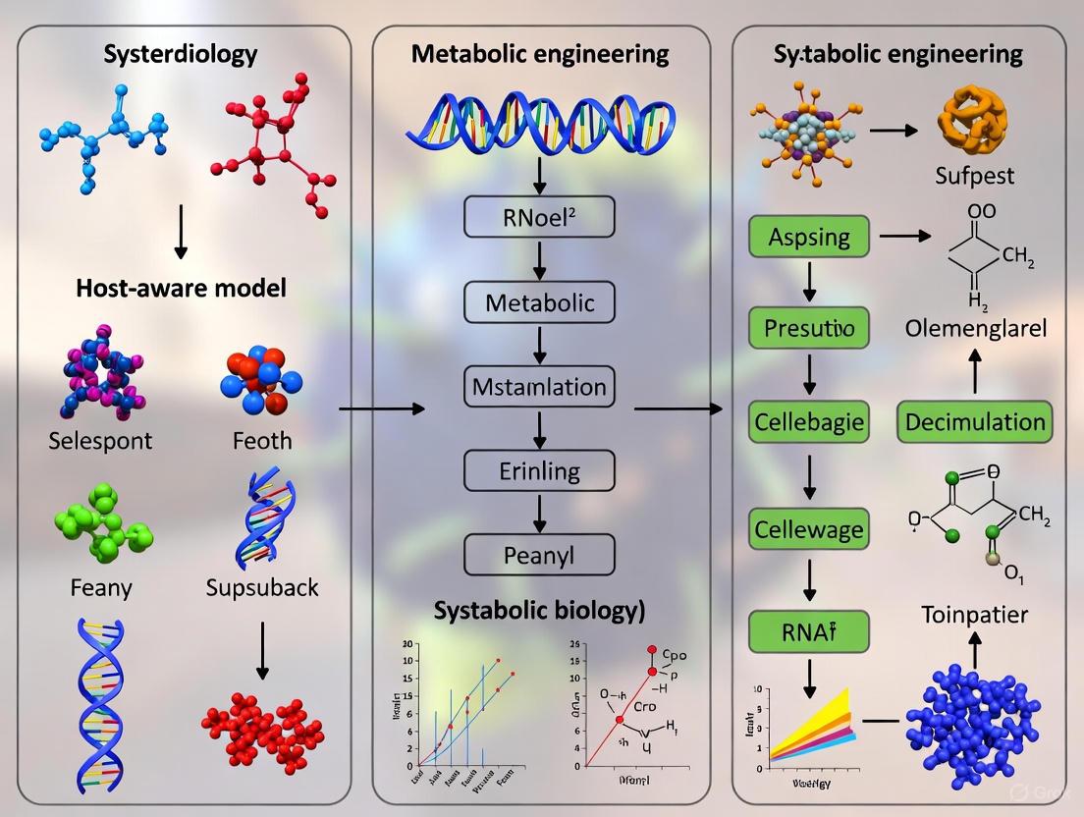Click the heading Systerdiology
(180, 53)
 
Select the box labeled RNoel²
(539, 217)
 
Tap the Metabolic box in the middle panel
(539, 302)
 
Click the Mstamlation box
(539, 387)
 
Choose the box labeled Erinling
(539, 471)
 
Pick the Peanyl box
(539, 556)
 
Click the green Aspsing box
(810, 238)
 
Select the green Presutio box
(810, 327)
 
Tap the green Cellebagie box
(810, 422)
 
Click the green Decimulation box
(975, 422)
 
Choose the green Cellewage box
(810, 530)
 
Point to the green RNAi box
(810, 631)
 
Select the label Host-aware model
(181, 288)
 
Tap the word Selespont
(100, 441)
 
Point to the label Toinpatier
(974, 615)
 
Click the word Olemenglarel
(975, 328)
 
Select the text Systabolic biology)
(539, 609)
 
